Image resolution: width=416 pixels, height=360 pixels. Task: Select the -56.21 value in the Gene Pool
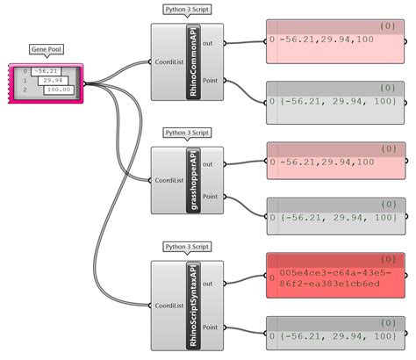pos(47,71)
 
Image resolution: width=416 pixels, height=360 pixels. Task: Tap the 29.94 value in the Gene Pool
pos(54,81)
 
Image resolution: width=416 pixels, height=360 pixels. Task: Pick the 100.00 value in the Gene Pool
pos(57,90)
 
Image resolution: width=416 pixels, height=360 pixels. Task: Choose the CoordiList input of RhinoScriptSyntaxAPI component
pos(168,306)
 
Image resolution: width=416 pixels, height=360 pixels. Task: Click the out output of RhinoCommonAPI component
pos(212,40)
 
